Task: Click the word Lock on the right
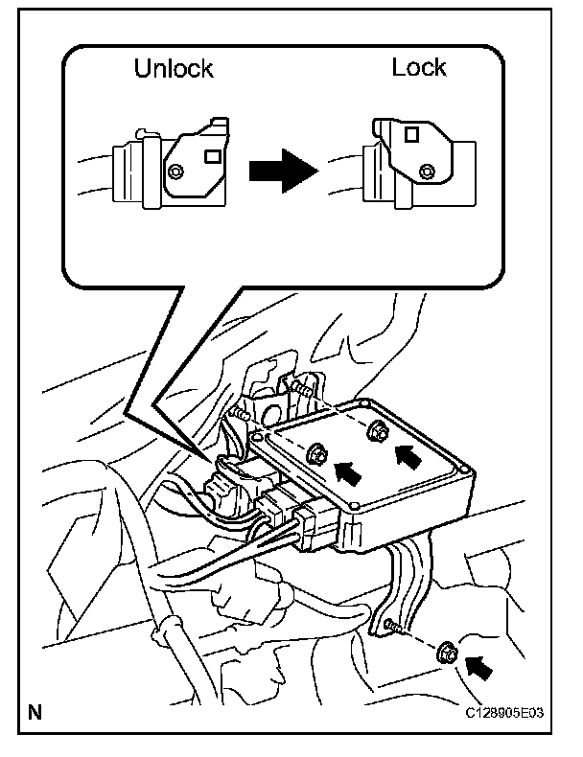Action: [x=419, y=67]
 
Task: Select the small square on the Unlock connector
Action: [x=215, y=154]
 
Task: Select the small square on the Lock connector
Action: [x=410, y=136]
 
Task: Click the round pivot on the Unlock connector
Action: [x=175, y=171]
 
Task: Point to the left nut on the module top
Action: [x=317, y=449]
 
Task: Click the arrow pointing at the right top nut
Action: [x=408, y=453]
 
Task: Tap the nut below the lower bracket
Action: [x=446, y=655]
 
